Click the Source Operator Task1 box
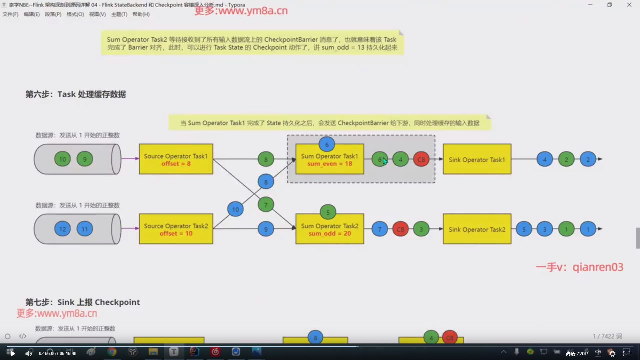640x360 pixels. click(x=176, y=159)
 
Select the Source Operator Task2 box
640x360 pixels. click(x=176, y=229)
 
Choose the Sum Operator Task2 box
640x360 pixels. click(x=329, y=229)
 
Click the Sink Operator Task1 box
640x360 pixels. click(x=477, y=159)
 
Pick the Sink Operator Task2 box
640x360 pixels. click(x=477, y=229)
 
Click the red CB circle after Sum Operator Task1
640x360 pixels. click(x=421, y=159)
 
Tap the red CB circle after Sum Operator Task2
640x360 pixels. click(x=400, y=229)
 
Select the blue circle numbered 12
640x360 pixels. click(x=63, y=229)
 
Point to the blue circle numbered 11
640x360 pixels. click(x=85, y=229)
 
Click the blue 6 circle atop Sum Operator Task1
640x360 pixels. click(x=327, y=144)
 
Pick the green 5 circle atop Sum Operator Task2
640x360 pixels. click(x=328, y=212)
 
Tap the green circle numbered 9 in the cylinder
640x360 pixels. click(x=85, y=159)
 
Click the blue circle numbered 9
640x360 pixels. click(x=266, y=229)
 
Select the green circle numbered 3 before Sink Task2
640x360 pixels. click(x=421, y=229)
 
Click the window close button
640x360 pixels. click(x=629, y=5)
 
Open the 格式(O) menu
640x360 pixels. click(x=75, y=14)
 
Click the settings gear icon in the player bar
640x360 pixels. click(x=612, y=353)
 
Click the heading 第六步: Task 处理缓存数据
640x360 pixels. click(x=76, y=94)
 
